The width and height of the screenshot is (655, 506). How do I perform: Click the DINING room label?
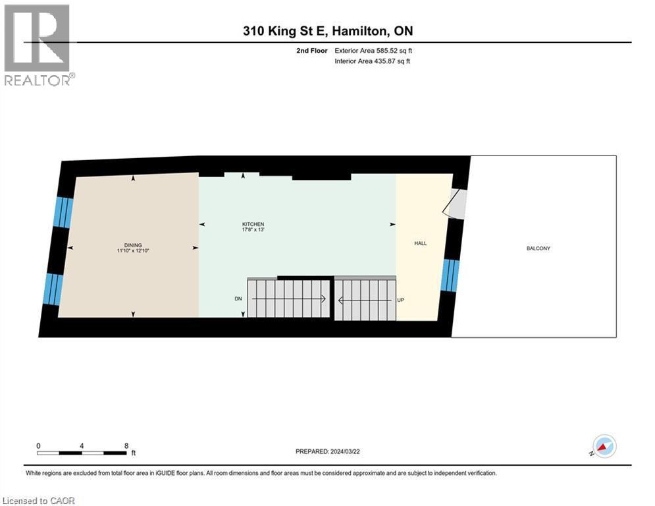pyautogui.click(x=132, y=244)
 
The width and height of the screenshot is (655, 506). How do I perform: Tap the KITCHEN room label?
pyautogui.click(x=253, y=225)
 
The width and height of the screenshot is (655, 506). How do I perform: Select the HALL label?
pyautogui.click(x=420, y=243)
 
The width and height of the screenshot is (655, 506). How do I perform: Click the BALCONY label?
pyautogui.click(x=538, y=248)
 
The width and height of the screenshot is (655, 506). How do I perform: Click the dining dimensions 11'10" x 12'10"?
pyautogui.click(x=132, y=250)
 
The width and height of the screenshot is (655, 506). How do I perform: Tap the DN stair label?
pyautogui.click(x=238, y=298)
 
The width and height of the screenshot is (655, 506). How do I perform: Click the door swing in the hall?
pyautogui.click(x=456, y=204)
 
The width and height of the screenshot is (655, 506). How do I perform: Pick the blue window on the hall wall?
pyautogui.click(x=450, y=275)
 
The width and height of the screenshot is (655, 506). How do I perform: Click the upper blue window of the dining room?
pyautogui.click(x=63, y=211)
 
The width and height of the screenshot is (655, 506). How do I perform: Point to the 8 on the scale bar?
pyautogui.click(x=126, y=445)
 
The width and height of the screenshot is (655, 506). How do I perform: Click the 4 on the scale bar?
pyautogui.click(x=82, y=445)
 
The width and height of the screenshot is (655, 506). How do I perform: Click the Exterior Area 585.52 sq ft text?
pyautogui.click(x=373, y=51)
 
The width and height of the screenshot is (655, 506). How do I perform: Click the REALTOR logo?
pyautogui.click(x=38, y=45)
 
